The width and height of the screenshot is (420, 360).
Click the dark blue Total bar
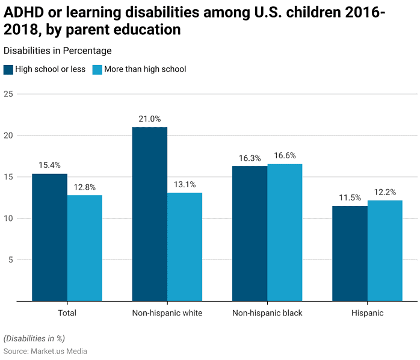tap(49, 237)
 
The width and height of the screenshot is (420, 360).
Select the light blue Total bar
tap(85, 248)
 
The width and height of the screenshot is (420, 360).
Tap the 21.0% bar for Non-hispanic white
tap(150, 214)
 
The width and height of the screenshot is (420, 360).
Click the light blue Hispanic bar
tap(385, 250)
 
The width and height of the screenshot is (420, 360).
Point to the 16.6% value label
tap(285, 155)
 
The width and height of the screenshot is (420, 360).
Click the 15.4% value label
tap(49, 165)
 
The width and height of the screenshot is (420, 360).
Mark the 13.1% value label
tap(185, 184)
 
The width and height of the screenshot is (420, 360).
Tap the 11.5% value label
tap(350, 197)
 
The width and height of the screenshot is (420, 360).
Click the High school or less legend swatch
tap(8, 69)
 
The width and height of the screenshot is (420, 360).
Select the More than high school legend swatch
tap(97, 69)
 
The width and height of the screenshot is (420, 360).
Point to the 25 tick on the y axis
tap(8, 94)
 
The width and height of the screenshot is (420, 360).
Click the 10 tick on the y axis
tap(8, 218)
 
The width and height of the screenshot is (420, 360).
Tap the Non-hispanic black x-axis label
tap(267, 313)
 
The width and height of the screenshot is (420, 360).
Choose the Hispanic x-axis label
tap(367, 313)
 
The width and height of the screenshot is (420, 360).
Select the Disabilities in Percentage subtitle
tap(57, 51)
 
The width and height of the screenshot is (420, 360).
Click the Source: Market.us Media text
tap(45, 351)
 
